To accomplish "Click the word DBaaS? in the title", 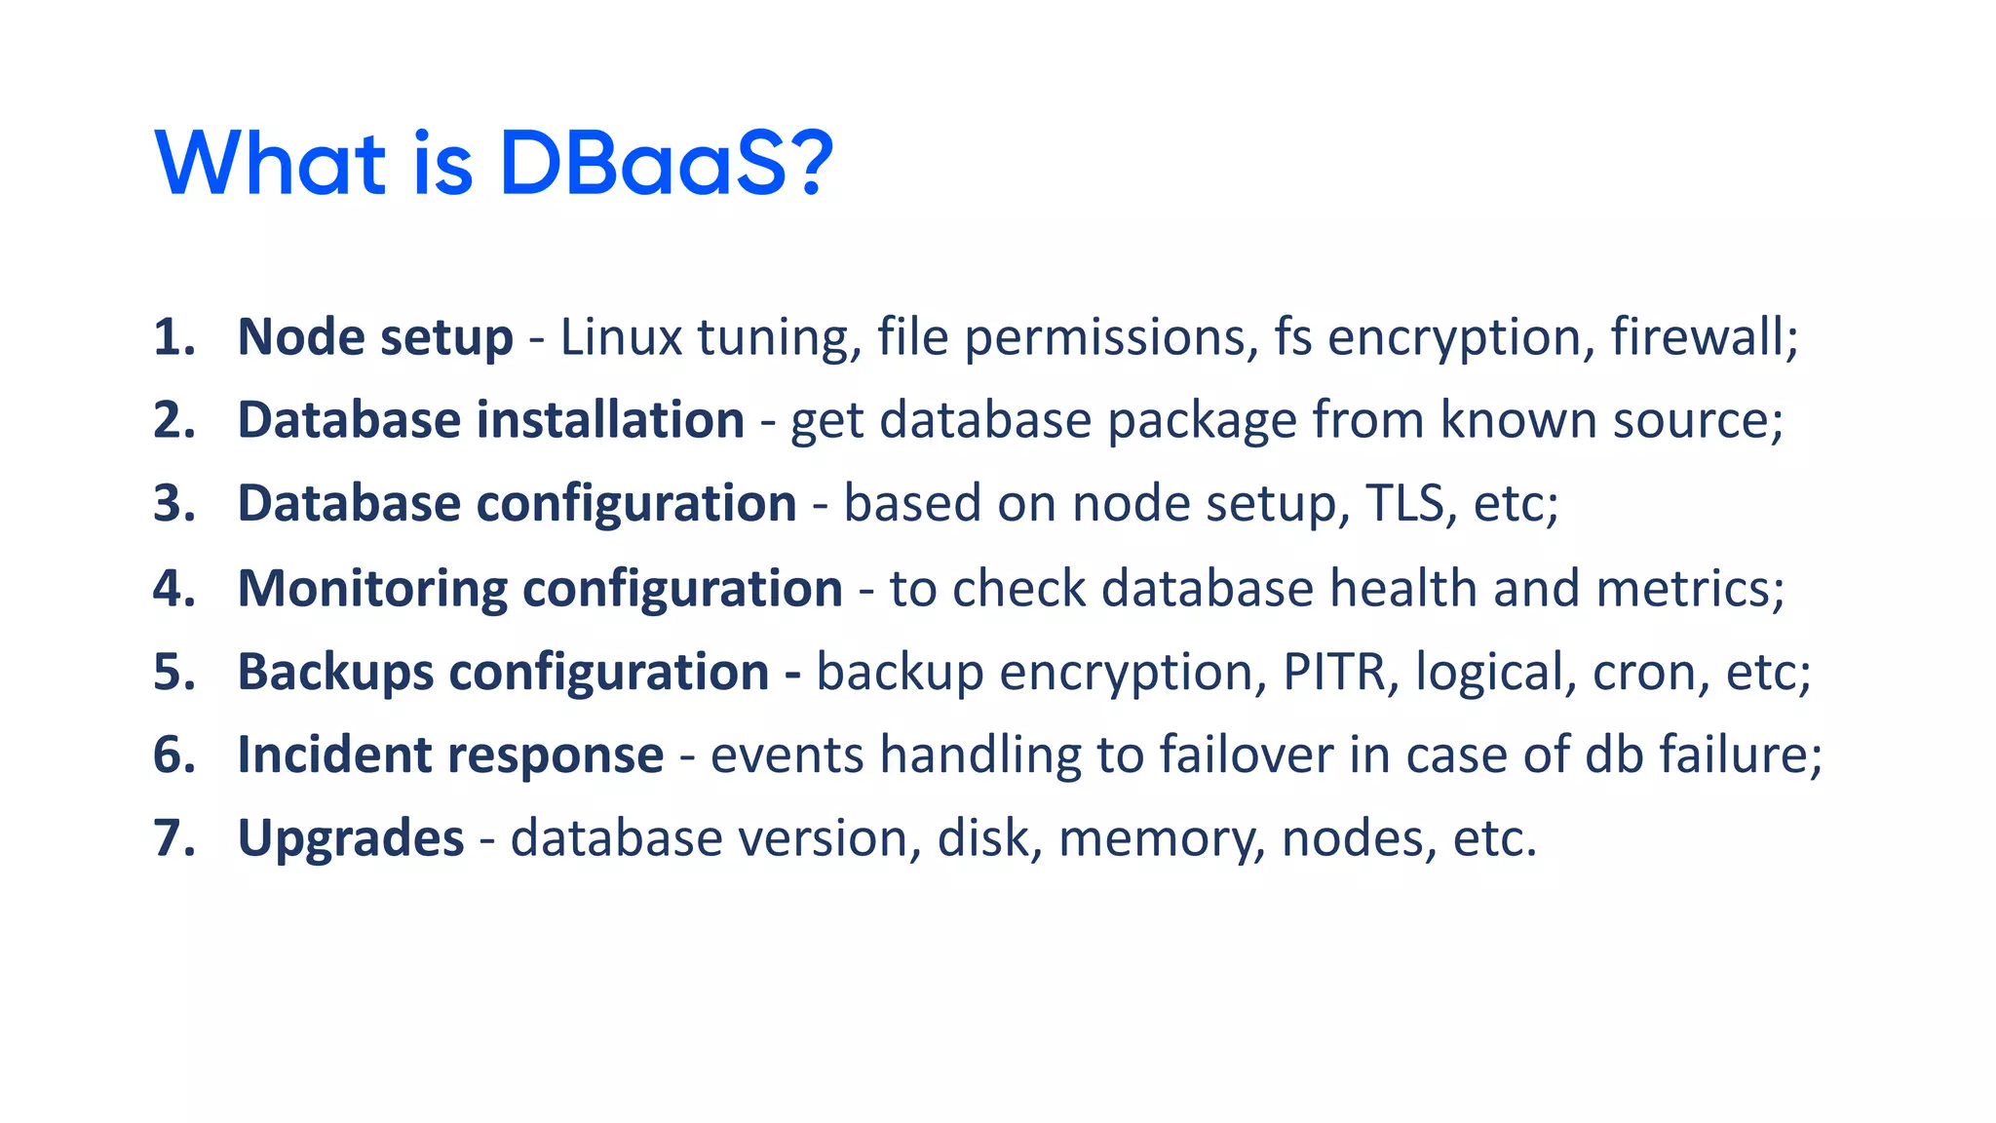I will coord(666,163).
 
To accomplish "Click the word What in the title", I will coord(270,163).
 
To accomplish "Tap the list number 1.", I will coord(173,337).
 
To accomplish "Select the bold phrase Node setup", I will coord(375,337).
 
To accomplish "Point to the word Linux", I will coord(621,337).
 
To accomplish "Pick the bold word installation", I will coord(610,420).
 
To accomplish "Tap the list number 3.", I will coord(173,504).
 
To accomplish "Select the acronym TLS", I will coord(1404,504).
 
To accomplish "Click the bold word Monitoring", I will coord(372,589).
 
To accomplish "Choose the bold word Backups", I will coord(335,673).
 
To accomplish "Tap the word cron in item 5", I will coord(1643,673).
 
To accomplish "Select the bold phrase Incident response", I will coord(450,755).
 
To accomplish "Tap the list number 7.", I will coord(173,838).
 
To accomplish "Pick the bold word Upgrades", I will coord(351,840).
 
